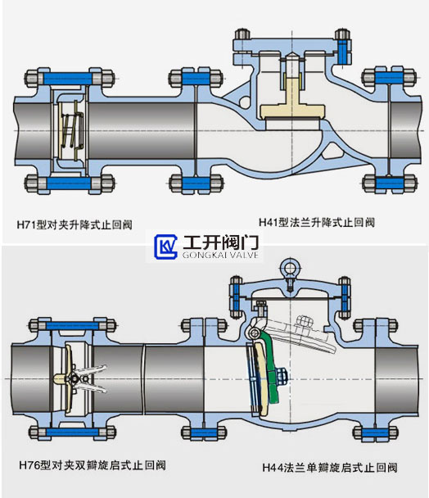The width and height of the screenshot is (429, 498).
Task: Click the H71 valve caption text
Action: [x=75, y=225]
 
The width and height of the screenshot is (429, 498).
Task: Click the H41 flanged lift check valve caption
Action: [x=317, y=222]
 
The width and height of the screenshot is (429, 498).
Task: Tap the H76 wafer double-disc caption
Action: [x=93, y=465]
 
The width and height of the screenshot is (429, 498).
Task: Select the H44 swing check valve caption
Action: [x=330, y=468]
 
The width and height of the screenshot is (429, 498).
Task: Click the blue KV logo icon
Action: [x=165, y=247]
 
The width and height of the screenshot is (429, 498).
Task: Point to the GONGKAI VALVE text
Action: [x=220, y=255]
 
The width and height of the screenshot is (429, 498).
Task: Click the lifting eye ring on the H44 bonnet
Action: [x=288, y=269]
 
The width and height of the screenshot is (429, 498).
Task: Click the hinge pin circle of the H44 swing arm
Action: [x=254, y=333]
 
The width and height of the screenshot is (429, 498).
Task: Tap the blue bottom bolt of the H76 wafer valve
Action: [x=72, y=432]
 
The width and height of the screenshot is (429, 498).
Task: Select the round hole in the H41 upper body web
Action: [x=245, y=102]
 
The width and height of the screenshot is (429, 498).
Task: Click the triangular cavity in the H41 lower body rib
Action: [x=333, y=152]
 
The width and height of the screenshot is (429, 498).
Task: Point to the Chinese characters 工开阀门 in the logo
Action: [x=221, y=242]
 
